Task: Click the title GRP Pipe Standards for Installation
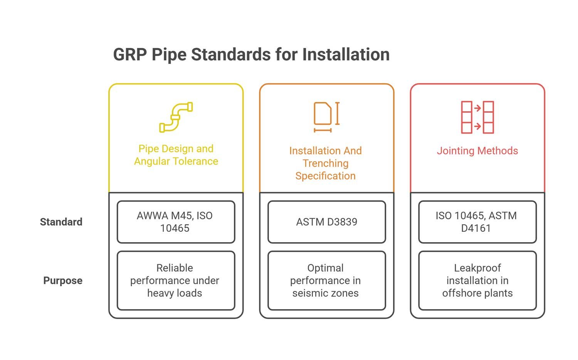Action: coord(251,55)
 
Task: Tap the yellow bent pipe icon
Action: coord(176,117)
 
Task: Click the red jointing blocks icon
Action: coord(477,117)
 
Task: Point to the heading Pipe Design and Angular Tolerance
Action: coord(176,155)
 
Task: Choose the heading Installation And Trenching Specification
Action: coord(326,163)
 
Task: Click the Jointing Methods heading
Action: coord(477,151)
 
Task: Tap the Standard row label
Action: coord(61,222)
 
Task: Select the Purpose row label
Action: coord(63,280)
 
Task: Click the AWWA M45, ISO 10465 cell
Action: coord(176,222)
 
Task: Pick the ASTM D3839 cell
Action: coord(327,222)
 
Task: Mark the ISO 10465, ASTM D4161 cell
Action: coord(477,222)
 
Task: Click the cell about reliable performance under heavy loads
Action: coord(176,280)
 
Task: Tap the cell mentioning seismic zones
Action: coord(327,280)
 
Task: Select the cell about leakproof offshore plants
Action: coord(477,280)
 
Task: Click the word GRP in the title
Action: coord(130,55)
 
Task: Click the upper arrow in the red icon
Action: coord(477,108)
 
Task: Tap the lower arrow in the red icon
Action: coord(477,126)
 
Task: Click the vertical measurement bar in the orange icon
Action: coord(338,114)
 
